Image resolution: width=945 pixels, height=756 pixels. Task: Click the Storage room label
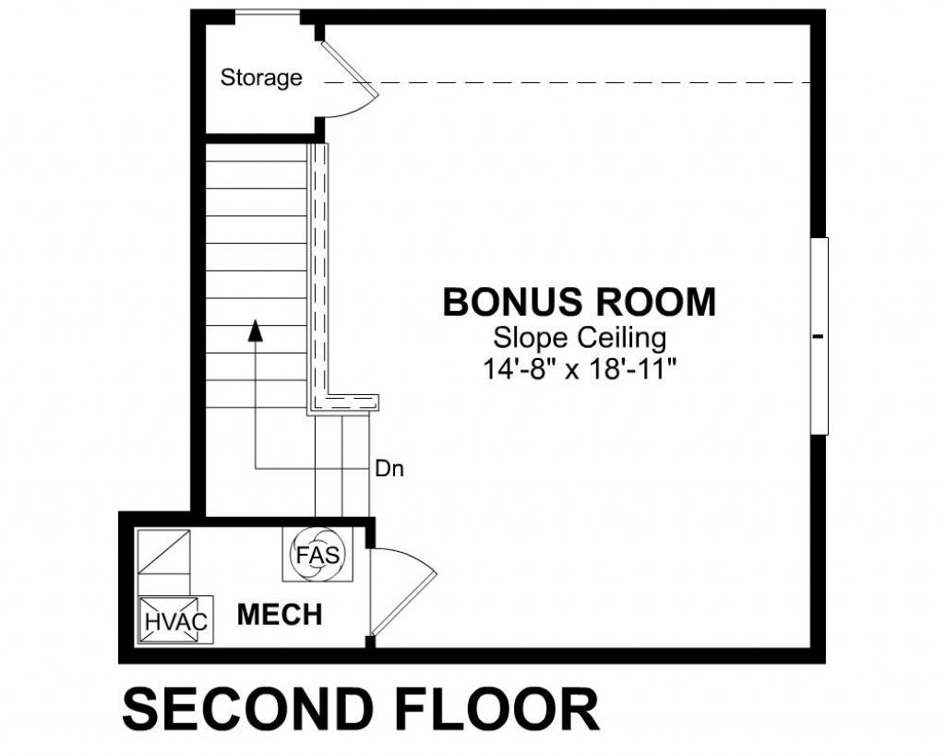coord(261,78)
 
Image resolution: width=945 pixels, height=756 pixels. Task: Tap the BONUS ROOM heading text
coord(579,303)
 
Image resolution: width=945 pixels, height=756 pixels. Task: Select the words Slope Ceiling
coord(579,338)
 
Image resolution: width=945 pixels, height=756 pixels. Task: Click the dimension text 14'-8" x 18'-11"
coord(580,369)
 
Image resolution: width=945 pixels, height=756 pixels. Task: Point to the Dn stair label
coord(389,469)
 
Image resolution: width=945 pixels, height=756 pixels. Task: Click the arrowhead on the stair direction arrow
coord(256,331)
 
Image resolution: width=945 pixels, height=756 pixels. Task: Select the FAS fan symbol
coord(317,556)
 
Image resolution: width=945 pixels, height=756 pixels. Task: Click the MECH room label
coord(280,615)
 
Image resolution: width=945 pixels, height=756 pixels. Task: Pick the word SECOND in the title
coord(239,710)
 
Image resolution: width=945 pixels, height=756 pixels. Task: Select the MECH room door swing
coord(402,591)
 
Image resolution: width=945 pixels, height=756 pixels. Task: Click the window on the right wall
coord(819,336)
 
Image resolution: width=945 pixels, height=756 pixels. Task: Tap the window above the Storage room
coord(267,15)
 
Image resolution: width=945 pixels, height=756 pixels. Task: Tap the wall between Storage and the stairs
coord(258,138)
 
